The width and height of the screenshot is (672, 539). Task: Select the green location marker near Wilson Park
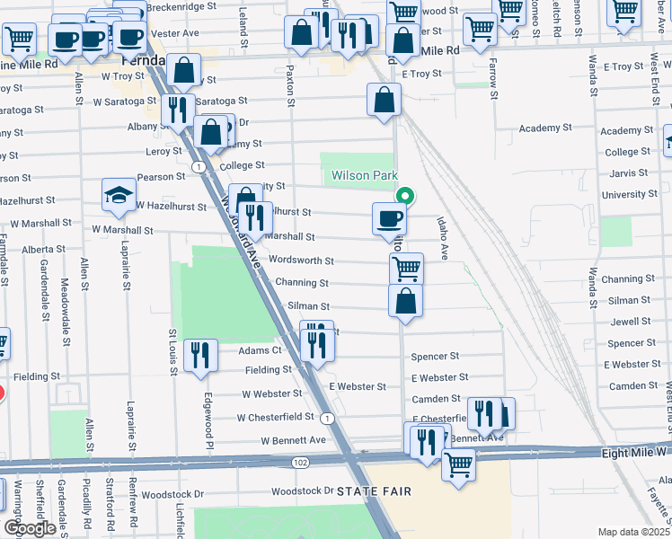pyautogui.click(x=405, y=195)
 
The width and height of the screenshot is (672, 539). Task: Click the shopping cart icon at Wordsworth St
pyautogui.click(x=406, y=267)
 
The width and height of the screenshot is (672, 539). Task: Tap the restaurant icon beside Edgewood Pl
pyautogui.click(x=200, y=354)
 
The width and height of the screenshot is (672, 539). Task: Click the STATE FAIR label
pyautogui.click(x=375, y=491)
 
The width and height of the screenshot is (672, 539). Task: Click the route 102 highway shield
pyautogui.click(x=297, y=462)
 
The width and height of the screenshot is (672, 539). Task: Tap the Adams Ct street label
pyautogui.click(x=261, y=350)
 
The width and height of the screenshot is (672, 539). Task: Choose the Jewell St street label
pyautogui.click(x=630, y=321)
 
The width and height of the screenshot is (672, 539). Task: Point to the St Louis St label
pyautogui.click(x=172, y=346)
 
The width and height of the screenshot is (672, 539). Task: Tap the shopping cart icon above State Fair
pyautogui.click(x=458, y=465)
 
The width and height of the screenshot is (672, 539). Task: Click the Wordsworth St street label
pyautogui.click(x=302, y=261)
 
